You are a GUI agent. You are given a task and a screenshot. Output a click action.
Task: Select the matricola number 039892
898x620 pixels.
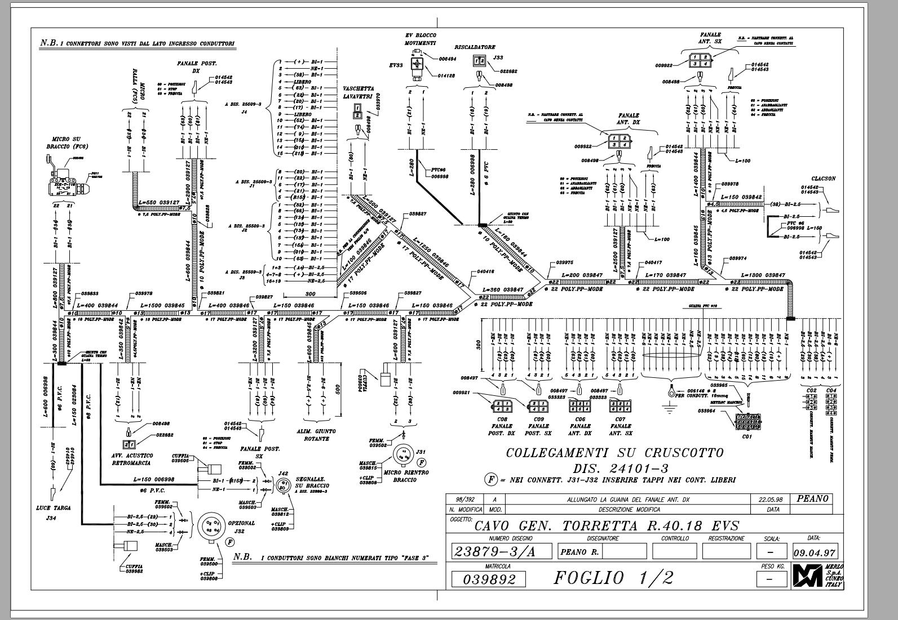pyautogui.click(x=489, y=579)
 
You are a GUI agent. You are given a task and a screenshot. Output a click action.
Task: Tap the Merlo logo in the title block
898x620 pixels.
pyautogui.click(x=808, y=576)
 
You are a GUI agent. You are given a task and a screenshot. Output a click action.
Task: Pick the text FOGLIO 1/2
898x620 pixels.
pyautogui.click(x=613, y=578)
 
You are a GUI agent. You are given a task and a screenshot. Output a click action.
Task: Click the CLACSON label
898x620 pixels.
pyautogui.click(x=823, y=179)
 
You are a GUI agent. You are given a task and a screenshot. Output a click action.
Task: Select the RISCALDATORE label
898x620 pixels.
pyautogui.click(x=475, y=48)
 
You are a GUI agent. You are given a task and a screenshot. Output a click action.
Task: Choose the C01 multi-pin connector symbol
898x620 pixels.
pyautogui.click(x=747, y=421)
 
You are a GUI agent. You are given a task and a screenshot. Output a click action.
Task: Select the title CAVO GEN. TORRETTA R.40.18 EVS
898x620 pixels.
pyautogui.click(x=606, y=526)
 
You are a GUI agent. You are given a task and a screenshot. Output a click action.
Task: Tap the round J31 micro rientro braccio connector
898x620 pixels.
pyautogui.click(x=404, y=454)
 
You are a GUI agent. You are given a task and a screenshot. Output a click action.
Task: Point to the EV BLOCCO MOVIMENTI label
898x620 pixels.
pyautogui.click(x=421, y=39)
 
